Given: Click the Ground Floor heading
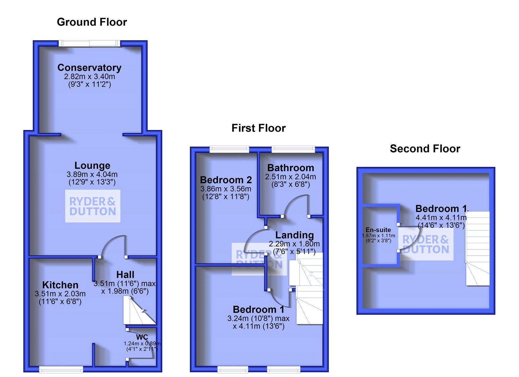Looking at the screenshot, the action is point(92,22).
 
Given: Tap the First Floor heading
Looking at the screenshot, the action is point(259,128).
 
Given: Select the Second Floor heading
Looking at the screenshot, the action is point(425,149).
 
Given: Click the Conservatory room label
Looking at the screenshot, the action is point(90,67).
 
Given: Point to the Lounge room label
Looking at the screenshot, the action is point(92,165).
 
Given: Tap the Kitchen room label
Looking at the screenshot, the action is point(60,285).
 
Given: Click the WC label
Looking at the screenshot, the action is point(142,337).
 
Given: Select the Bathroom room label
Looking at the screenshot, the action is point(291,168).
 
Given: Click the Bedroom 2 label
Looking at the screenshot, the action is point(226,180).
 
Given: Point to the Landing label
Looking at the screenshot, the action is point(295,235).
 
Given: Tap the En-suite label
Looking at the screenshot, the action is point(378,230).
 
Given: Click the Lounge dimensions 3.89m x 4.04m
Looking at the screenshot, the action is point(92,174).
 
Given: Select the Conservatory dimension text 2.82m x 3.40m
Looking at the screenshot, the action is point(90,77).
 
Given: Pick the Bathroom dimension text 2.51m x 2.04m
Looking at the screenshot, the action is point(290,177).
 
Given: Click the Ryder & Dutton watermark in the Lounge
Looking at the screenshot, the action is point(93,206).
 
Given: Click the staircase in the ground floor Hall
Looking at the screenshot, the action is point(139,311).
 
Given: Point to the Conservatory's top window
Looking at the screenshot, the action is point(89,43).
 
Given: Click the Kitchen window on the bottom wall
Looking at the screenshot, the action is point(61,369).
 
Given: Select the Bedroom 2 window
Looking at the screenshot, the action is point(229,149).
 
